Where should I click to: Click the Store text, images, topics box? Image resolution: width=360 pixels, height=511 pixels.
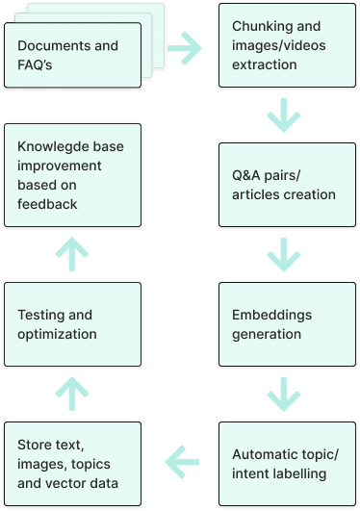pos(72,464)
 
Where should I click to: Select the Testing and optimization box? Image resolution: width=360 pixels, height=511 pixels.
pos(72,324)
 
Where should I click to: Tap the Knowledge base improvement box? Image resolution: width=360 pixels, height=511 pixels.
pos(72,175)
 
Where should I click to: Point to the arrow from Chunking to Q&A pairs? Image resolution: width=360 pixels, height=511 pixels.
pos(284,115)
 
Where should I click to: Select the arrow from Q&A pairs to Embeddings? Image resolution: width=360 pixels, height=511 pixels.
pos(284,255)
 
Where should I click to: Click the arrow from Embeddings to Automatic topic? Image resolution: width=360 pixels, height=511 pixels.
pos(284,394)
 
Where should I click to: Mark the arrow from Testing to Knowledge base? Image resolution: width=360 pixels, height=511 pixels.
pos(72,255)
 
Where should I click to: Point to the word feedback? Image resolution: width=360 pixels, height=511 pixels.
pos(47,204)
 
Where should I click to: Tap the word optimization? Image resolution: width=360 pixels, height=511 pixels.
pos(57,334)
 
